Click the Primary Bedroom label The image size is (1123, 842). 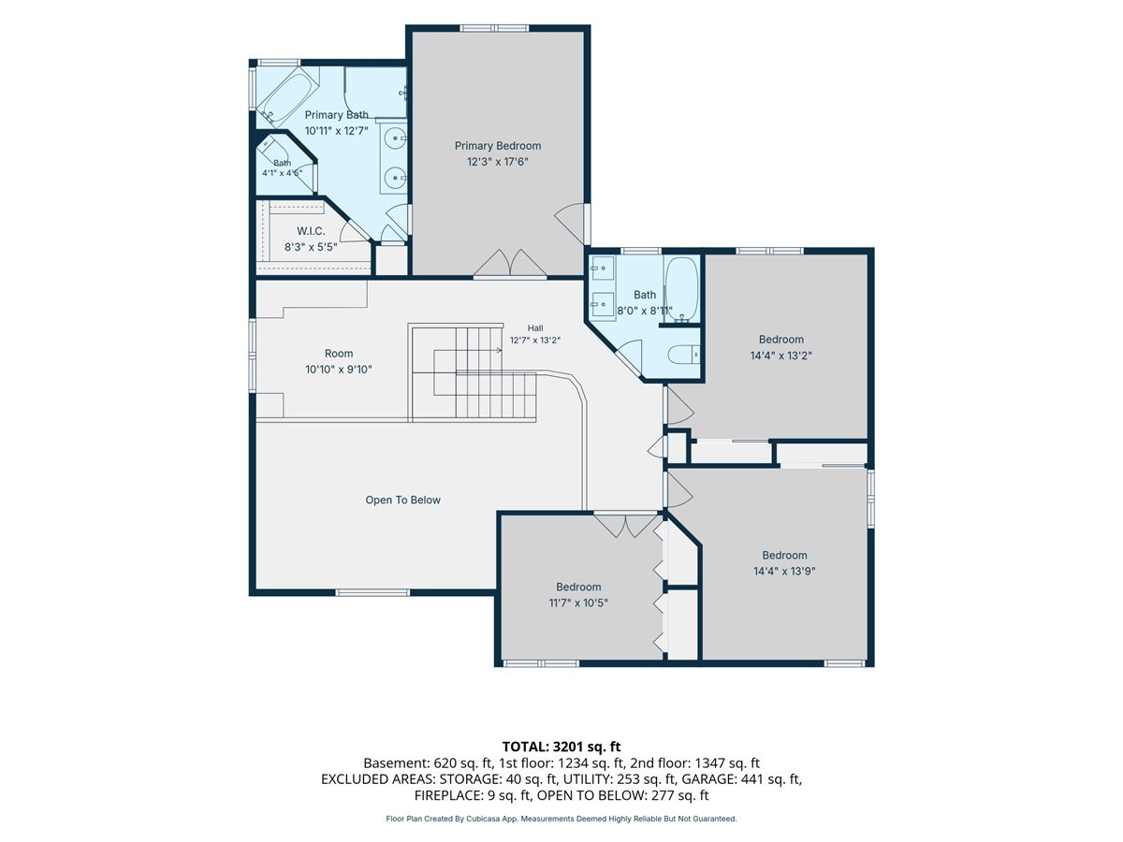(497, 146)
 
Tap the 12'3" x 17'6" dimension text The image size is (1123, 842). (497, 162)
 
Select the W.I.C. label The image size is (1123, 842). (311, 231)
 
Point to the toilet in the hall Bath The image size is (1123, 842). (683, 355)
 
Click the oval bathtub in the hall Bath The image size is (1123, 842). (682, 289)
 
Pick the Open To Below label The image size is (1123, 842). (402, 500)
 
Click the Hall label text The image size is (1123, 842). (535, 328)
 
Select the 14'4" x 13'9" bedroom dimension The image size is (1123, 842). (784, 571)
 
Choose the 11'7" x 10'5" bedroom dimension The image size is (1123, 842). (578, 602)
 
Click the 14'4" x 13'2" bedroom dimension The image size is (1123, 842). (780, 356)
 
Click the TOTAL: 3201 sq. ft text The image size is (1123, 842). (561, 747)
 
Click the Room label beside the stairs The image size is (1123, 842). (339, 354)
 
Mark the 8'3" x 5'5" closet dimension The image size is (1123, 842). (311, 247)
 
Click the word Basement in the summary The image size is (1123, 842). (396, 763)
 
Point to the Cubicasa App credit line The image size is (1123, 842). (561, 819)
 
